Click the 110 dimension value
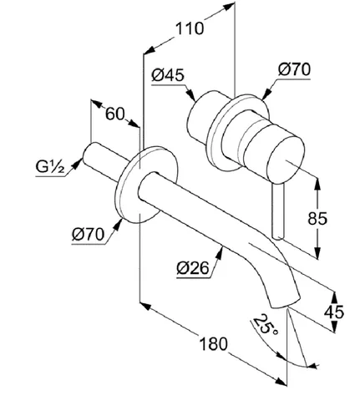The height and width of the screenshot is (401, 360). tap(190, 28)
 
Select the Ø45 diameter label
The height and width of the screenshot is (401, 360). tap(168, 75)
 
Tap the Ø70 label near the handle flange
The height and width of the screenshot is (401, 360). tap(294, 69)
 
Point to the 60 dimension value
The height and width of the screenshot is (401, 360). tap(114, 114)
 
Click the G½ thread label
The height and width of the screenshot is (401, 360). tap(50, 167)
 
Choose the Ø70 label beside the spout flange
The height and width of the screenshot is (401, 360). tap(89, 235)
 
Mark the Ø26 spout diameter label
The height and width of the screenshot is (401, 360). tap(193, 269)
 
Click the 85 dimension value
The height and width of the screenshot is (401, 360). tap(317, 219)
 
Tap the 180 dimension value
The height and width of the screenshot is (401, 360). tap(214, 343)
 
